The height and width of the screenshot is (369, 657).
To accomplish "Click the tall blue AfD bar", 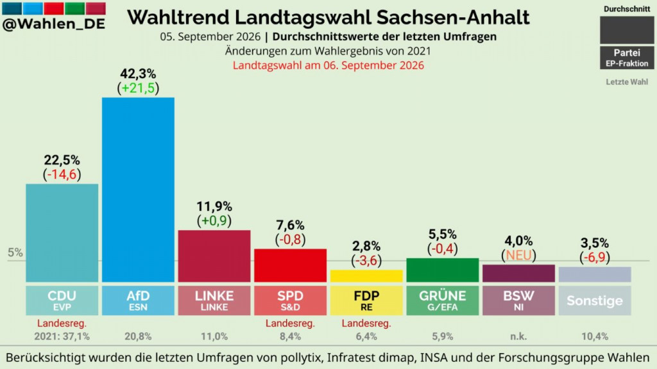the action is pyautogui.click(x=138, y=190).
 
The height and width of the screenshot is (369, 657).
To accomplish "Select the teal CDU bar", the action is pyautogui.click(x=62, y=233).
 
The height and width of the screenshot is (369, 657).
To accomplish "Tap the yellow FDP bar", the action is pyautogui.click(x=366, y=275).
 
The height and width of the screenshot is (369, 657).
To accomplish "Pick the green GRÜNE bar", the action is pyautogui.click(x=443, y=270).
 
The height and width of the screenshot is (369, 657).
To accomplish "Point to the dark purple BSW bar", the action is pyautogui.click(x=518, y=273).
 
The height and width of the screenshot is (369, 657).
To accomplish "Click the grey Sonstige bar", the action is pyautogui.click(x=595, y=274).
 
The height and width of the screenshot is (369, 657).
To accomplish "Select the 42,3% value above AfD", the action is pyautogui.click(x=138, y=74).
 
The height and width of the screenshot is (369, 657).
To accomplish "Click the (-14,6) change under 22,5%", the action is pyautogui.click(x=62, y=174).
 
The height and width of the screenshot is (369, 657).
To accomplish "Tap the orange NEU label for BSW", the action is pyautogui.click(x=518, y=255).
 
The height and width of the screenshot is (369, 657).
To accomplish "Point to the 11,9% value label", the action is pyautogui.click(x=214, y=206).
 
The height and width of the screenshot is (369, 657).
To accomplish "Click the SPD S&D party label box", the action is pyautogui.click(x=291, y=300).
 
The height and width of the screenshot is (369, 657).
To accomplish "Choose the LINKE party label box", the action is pyautogui.click(x=214, y=300).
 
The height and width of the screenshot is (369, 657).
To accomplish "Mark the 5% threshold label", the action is pyautogui.click(x=15, y=252).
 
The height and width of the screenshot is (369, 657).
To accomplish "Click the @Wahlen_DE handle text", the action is pyautogui.click(x=54, y=24).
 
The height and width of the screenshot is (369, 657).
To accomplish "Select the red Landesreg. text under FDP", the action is pyautogui.click(x=366, y=324).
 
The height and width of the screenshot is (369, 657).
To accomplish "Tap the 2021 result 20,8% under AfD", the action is pyautogui.click(x=138, y=336).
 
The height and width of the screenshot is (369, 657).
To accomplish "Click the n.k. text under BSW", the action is pyautogui.click(x=518, y=336).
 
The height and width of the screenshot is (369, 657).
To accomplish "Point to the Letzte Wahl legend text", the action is pyautogui.click(x=627, y=82).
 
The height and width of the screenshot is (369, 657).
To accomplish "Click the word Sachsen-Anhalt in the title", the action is pyautogui.click(x=453, y=17).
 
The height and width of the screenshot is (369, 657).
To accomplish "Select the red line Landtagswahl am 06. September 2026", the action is pyautogui.click(x=328, y=65).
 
